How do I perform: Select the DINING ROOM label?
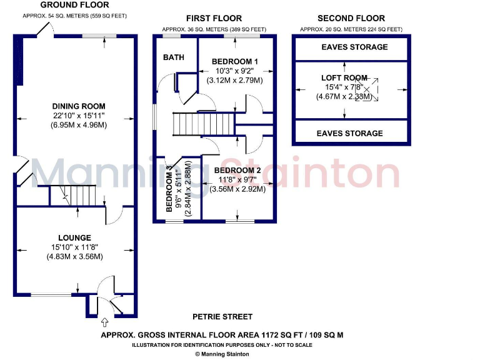79,106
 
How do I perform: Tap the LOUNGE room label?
75,237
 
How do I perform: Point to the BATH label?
174,57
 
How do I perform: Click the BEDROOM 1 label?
235,61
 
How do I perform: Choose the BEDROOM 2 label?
237,170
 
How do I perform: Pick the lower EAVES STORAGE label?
349,133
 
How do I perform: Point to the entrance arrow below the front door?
104,323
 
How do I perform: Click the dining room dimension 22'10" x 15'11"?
79,116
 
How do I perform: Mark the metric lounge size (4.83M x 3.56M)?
75,256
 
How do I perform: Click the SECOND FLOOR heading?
351,18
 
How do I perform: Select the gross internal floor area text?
222,335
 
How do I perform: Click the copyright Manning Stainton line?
222,354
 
